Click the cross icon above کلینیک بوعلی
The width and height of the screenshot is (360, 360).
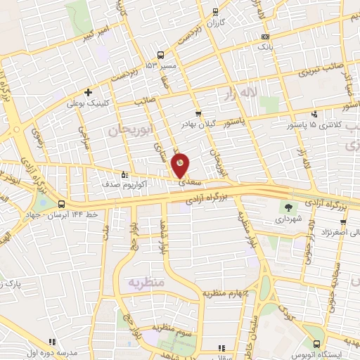tap(88, 92)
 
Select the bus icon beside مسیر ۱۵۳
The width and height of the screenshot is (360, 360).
tap(161, 55)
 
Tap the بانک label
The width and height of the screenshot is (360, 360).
tap(265, 47)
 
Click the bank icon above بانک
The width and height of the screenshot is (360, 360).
tap(265, 37)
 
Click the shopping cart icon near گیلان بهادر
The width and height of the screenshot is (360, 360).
tap(198, 112)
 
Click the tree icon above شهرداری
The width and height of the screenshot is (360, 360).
tap(289, 207)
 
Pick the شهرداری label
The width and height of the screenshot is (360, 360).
tap(288, 219)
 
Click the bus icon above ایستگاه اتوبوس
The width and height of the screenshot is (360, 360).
tap(318, 344)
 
